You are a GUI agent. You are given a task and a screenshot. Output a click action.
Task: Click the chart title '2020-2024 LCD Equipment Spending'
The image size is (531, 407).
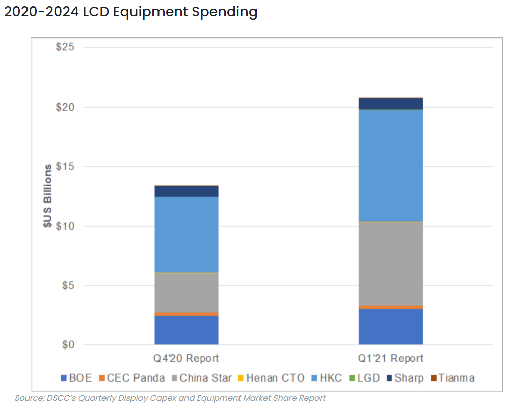pos(130,12)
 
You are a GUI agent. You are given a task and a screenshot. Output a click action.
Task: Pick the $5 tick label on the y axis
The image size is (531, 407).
pos(67,285)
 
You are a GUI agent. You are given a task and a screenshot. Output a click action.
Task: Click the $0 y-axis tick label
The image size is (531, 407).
pos(67,345)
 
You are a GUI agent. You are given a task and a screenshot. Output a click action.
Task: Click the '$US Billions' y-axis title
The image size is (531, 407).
pos(47,196)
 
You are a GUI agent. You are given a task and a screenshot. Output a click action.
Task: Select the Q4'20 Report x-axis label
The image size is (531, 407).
pos(187,358)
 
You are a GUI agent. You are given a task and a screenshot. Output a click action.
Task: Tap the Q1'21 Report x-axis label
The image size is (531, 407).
pos(391,358)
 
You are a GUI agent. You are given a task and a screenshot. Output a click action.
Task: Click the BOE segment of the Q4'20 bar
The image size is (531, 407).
pos(187,330)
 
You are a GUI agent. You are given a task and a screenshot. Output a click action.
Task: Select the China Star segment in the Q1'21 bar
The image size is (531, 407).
pos(391,264)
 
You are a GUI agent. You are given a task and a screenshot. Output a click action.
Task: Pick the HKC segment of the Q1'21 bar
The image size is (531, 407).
pos(391,165)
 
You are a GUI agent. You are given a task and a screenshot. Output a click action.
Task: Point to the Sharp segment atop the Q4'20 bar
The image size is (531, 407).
pos(187,191)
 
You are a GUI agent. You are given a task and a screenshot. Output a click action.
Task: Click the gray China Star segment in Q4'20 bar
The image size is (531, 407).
pos(187,293)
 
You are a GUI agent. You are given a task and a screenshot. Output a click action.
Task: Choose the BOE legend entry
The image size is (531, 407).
pos(77,378)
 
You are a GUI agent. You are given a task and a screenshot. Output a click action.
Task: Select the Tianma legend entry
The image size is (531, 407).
pos(453,378)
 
